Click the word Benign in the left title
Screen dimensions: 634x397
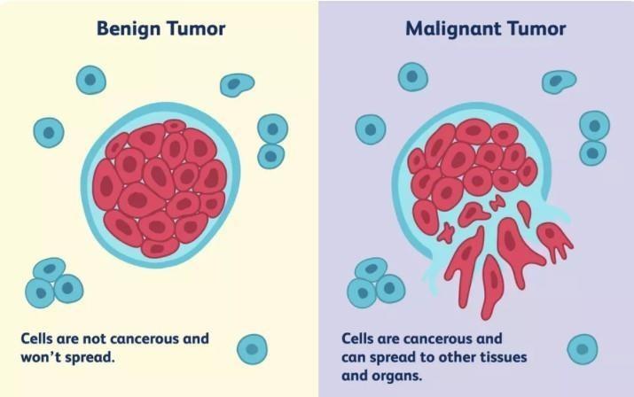click(x=129, y=29)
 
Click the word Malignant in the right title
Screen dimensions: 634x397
click(x=454, y=29)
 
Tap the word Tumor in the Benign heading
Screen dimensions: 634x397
click(x=196, y=28)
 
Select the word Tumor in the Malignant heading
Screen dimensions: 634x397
click(x=536, y=28)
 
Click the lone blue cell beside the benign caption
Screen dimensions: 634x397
click(x=252, y=349)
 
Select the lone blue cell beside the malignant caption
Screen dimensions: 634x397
click(x=583, y=349)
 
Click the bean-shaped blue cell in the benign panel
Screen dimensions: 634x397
click(x=237, y=84)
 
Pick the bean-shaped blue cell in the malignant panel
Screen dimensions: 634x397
click(x=559, y=82)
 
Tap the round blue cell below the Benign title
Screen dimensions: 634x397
click(x=91, y=80)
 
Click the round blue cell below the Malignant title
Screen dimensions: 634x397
click(x=413, y=77)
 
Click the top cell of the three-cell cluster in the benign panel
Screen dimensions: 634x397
click(x=50, y=269)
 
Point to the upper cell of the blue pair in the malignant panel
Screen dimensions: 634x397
click(x=594, y=126)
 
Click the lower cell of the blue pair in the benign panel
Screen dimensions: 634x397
click(x=271, y=156)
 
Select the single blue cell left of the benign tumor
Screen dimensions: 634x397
click(x=49, y=133)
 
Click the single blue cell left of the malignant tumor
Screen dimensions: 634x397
click(x=371, y=129)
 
